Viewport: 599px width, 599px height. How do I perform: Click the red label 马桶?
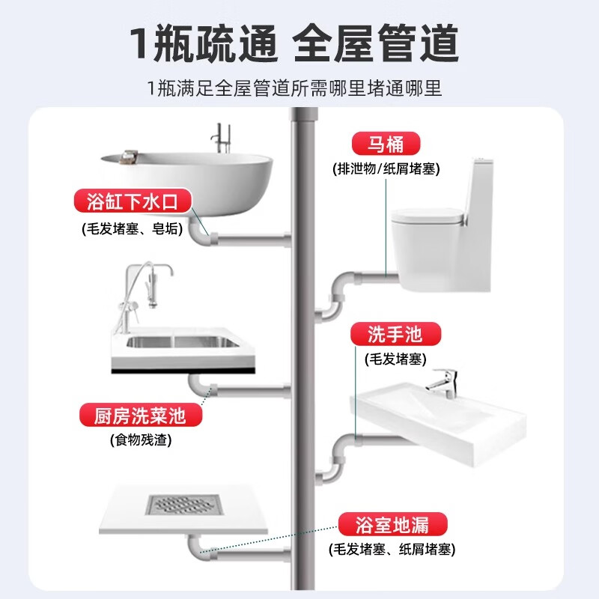[x=385, y=143]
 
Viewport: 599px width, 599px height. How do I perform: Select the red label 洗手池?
[x=395, y=333]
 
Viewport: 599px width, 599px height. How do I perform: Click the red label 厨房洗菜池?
[x=142, y=415]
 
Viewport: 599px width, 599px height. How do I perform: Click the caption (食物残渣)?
[x=140, y=440]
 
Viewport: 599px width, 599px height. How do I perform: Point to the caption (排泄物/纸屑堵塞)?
[x=386, y=168]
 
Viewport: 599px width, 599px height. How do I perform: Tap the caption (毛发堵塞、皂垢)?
[x=132, y=228]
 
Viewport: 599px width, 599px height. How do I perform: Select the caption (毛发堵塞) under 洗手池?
[x=395, y=359]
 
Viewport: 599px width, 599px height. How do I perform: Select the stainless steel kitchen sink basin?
[x=180, y=342]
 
